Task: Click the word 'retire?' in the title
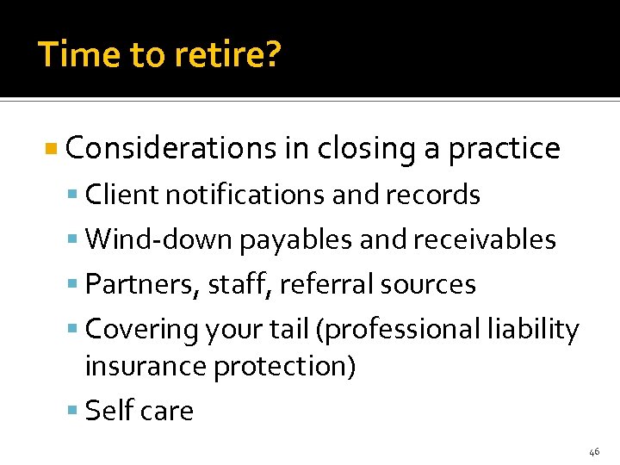click(x=229, y=55)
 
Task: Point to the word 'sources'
click(x=431, y=284)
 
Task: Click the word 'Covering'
click(x=142, y=329)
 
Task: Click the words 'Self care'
click(x=139, y=411)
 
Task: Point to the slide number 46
click(x=594, y=451)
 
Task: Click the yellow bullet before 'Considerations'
click(x=53, y=149)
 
